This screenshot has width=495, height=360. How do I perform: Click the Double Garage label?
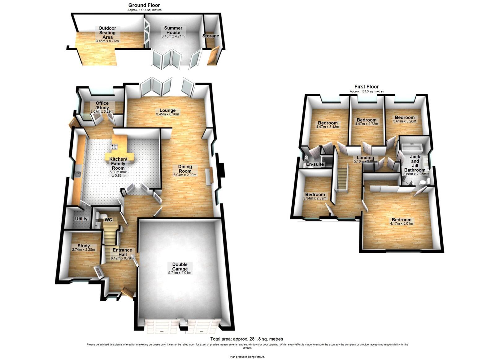(180, 267)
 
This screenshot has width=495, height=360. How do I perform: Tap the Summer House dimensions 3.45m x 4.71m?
(173, 37)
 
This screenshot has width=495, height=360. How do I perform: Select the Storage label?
(211, 36)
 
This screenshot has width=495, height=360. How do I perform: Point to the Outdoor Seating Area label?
(107, 33)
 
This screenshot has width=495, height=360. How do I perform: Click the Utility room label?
(81, 219)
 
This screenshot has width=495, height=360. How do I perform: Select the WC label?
(108, 220)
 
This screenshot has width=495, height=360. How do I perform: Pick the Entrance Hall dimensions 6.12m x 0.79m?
(122, 258)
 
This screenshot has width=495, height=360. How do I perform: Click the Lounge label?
(167, 110)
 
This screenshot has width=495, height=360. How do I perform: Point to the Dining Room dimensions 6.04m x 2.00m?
(185, 175)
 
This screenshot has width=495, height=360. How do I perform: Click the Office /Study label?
(102, 105)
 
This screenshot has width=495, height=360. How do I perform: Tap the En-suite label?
(315, 164)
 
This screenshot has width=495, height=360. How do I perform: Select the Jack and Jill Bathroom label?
(415, 163)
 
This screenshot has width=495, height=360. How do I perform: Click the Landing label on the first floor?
(365, 158)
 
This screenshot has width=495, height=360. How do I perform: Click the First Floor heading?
(367, 87)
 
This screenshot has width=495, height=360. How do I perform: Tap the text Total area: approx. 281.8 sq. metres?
(246, 339)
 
